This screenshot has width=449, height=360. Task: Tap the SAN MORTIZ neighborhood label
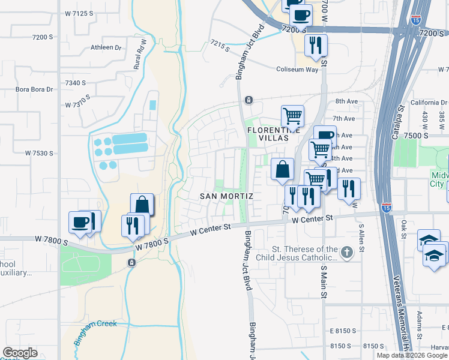coord(226,196)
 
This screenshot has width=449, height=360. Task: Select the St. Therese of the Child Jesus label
coord(305,253)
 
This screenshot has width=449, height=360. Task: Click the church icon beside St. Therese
coord(346,252)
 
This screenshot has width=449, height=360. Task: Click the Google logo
coord(19,353)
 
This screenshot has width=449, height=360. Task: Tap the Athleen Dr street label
coord(106,47)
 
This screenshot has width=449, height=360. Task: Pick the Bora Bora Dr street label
coord(34,89)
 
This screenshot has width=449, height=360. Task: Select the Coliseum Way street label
coord(297,70)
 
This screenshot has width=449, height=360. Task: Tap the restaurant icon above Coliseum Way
coord(315,45)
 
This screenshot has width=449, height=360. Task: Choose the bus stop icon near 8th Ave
coord(249,100)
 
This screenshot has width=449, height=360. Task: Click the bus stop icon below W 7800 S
coord(131,262)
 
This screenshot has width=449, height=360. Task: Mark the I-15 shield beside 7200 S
coord(416,20)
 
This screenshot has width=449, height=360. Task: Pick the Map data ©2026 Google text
coord(411,355)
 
